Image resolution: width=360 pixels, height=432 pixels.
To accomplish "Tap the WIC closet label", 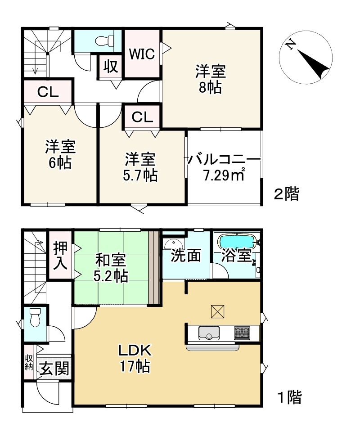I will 142,54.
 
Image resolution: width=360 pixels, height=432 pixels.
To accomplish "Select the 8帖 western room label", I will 210,79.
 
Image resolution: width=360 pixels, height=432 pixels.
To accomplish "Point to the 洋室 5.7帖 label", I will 140,167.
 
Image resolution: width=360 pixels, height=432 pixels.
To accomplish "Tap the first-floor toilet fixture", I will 34,319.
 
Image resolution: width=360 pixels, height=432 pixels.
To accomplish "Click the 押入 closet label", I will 60,255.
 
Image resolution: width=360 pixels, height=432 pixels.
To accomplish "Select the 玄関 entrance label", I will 54,369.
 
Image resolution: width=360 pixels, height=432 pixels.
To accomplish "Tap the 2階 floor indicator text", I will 287,194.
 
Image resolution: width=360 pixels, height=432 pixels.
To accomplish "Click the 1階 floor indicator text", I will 288,397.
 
